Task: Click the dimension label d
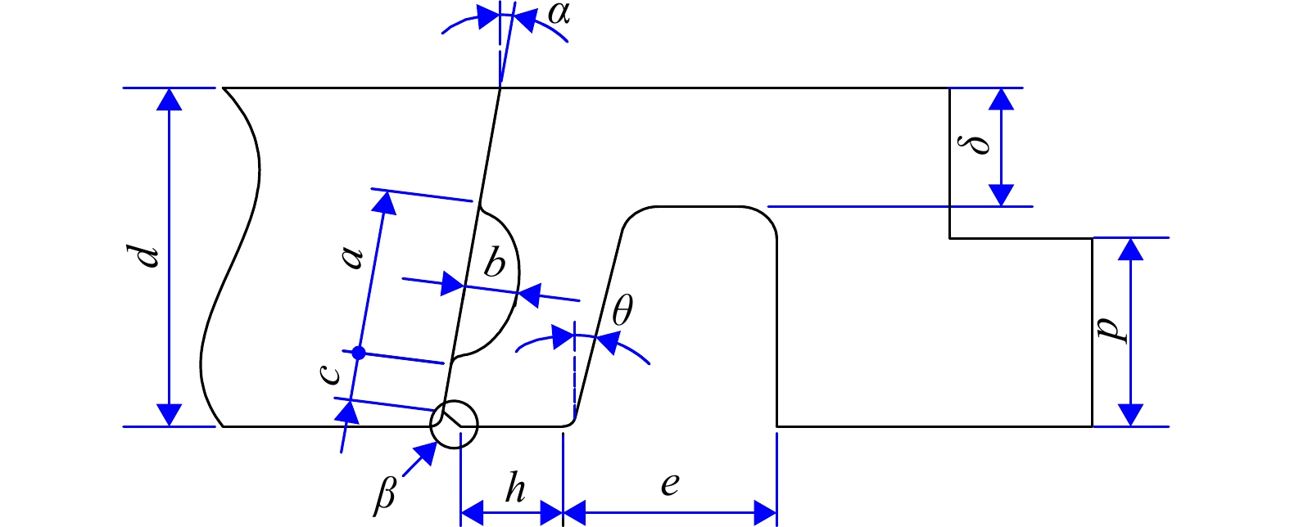[x=143, y=257]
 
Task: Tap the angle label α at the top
[x=559, y=14]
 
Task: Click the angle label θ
[x=622, y=310]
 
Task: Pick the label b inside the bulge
[x=494, y=263]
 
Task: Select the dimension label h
[x=515, y=489]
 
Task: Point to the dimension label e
[x=670, y=485]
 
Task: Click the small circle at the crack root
[x=454, y=424]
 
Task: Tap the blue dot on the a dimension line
[x=359, y=353]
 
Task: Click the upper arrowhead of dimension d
[x=170, y=99]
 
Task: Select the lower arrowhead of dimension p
[x=1130, y=415]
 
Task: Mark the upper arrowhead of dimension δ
[x=1001, y=99]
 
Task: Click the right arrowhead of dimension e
[x=765, y=512]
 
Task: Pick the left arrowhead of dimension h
[x=473, y=512]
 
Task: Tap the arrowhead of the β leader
[x=427, y=453]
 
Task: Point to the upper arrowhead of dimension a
[x=384, y=203]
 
